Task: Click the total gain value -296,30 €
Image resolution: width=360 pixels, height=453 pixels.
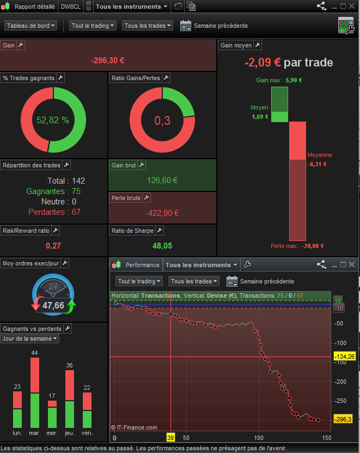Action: (x=108, y=61)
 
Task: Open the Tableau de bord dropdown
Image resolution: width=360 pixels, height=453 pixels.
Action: (x=30, y=26)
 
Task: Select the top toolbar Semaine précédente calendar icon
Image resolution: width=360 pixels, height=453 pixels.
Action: (x=185, y=26)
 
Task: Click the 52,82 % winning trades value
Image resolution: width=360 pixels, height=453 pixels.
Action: (x=52, y=120)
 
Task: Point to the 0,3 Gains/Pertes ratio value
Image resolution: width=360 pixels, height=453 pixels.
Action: (x=162, y=120)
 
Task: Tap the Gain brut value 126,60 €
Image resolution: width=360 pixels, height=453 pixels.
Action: (x=162, y=180)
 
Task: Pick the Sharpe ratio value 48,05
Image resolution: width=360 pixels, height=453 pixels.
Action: (x=162, y=246)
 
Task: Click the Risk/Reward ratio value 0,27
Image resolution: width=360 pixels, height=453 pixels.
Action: (x=53, y=246)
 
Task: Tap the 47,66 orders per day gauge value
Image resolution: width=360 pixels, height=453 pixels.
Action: (x=53, y=305)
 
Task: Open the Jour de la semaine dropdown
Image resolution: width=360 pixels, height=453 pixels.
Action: (x=30, y=339)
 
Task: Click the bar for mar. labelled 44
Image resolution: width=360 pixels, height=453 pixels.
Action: (x=35, y=392)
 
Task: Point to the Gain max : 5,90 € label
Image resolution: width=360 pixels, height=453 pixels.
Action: (x=279, y=80)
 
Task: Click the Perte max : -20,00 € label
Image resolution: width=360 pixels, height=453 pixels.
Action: (x=297, y=246)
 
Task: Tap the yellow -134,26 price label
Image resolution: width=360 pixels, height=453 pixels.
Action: (x=343, y=357)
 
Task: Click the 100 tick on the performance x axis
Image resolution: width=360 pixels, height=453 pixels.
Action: (x=259, y=438)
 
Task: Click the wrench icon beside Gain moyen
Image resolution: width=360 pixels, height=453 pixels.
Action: (x=258, y=45)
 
